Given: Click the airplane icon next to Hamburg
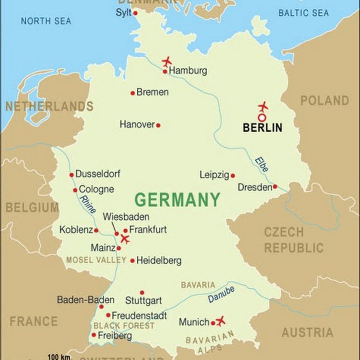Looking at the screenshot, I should point(167,62).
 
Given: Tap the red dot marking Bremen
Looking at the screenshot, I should point(132,93).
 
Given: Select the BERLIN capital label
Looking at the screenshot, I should point(262,128).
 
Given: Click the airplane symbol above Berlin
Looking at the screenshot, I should point(263,106).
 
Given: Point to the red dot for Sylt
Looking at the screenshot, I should point(135,13).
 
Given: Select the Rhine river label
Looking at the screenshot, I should point(88,204).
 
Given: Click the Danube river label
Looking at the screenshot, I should point(221,295).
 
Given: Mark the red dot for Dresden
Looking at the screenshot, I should point(275,186).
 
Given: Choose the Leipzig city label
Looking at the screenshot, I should point(214,175).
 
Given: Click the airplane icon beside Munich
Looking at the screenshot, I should point(220,320).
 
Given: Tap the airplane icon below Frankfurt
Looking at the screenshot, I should point(125,239).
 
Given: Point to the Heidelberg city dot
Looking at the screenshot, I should point(132,260).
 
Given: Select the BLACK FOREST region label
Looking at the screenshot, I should point(124,326).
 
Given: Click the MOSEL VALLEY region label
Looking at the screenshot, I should point(96,260).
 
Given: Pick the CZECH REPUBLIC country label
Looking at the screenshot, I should point(293,240).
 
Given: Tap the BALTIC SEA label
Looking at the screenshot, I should point(304,13).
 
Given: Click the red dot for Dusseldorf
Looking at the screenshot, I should point(71,175).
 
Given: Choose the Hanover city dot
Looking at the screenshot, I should point(158,125).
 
